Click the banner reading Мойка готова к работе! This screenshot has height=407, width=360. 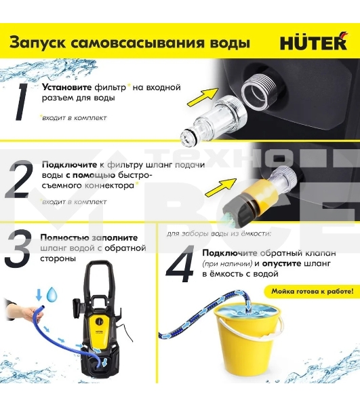(x=312, y=292)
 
